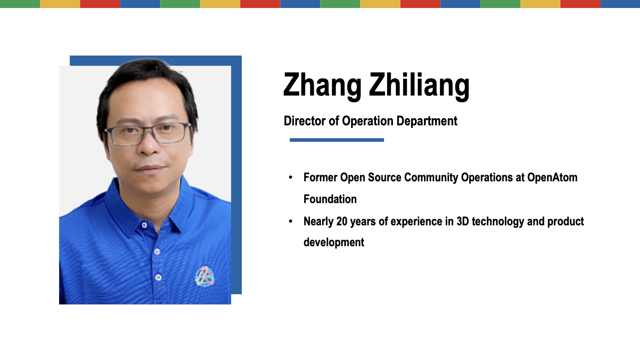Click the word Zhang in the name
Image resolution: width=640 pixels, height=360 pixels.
[x=322, y=86]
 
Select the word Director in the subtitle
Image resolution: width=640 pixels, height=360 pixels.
[x=304, y=121]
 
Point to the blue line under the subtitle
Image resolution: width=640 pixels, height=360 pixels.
[x=336, y=140]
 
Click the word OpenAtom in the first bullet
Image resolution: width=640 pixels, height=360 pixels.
[x=552, y=178]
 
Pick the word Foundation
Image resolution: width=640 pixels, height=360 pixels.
[x=330, y=199]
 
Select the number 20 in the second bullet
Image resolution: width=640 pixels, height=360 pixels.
[x=342, y=221]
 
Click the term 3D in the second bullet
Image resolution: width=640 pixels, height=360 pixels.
[x=463, y=221]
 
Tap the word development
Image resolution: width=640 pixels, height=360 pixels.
[x=334, y=243]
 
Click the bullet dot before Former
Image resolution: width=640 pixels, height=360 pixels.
[x=291, y=177]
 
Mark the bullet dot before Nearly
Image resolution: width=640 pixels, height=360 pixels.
[x=291, y=221]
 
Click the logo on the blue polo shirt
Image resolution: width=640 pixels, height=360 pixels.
[x=204, y=276]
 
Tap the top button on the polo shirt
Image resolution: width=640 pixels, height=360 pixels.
[x=144, y=225]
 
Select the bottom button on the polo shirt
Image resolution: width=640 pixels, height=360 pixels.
[x=158, y=277]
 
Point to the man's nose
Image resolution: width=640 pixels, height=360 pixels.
[x=149, y=143]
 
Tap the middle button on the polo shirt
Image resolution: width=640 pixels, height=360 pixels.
[x=157, y=252]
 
